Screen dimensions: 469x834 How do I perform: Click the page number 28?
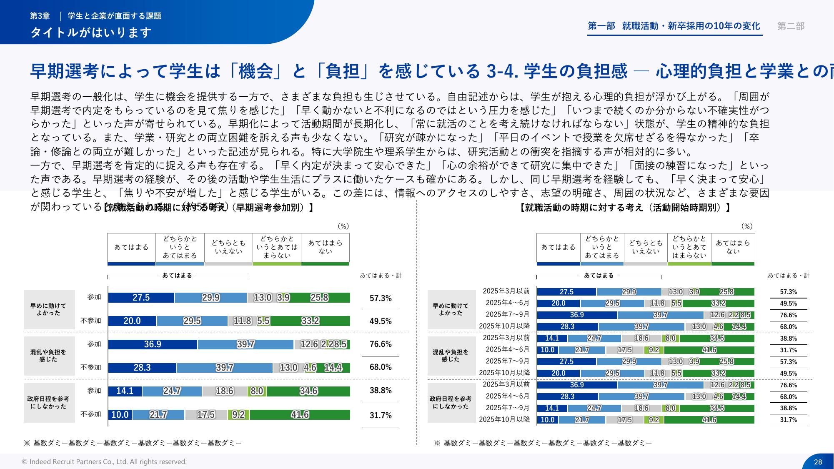click(818, 461)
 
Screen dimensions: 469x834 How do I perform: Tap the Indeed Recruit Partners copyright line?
click(104, 461)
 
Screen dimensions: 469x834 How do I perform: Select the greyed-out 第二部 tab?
click(791, 26)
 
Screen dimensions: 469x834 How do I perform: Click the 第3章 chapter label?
click(40, 16)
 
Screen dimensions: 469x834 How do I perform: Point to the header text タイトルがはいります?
click(91, 32)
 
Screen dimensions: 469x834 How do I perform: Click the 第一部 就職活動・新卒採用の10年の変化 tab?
click(674, 26)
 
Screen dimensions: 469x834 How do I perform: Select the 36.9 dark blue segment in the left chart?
click(153, 344)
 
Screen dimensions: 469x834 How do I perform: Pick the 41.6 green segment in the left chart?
click(300, 415)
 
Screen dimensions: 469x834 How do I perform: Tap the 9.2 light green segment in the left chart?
click(238, 415)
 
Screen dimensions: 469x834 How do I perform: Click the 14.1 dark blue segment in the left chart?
click(125, 391)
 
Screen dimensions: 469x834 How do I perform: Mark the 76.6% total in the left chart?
click(381, 344)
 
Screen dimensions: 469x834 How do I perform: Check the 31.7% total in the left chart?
click(381, 415)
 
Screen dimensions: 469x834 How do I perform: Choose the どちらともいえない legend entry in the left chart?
click(228, 247)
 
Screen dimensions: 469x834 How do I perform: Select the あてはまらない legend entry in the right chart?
click(733, 247)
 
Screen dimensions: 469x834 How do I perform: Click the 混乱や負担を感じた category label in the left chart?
click(49, 355)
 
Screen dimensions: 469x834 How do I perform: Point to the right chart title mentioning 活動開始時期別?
click(625, 208)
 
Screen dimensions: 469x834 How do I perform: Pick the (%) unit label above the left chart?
click(343, 226)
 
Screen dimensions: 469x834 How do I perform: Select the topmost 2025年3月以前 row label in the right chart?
click(506, 291)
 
